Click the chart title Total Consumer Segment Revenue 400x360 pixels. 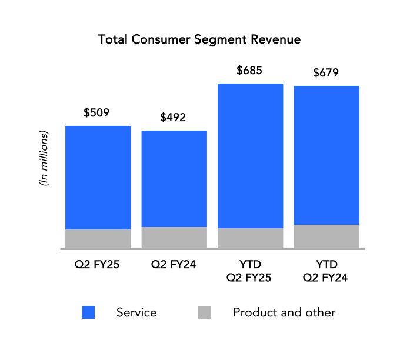(199, 40)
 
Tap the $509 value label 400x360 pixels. (97, 112)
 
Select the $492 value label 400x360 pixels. (173, 117)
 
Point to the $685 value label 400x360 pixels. (249, 71)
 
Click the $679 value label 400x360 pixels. (325, 74)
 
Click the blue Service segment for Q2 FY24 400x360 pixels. (174, 179)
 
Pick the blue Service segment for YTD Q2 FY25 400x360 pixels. (250, 156)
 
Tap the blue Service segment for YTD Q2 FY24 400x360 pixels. (326, 155)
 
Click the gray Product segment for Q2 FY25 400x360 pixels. (98, 239)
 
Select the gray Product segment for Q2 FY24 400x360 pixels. (174, 238)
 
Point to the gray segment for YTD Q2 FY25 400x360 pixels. (250, 238)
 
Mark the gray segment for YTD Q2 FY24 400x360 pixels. (326, 236)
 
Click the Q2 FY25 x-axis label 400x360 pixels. (98, 264)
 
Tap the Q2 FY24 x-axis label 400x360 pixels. (174, 264)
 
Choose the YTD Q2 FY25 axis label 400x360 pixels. (249, 271)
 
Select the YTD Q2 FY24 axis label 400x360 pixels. (325, 271)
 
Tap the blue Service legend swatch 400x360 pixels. (88, 312)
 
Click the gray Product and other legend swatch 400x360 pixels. (204, 312)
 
